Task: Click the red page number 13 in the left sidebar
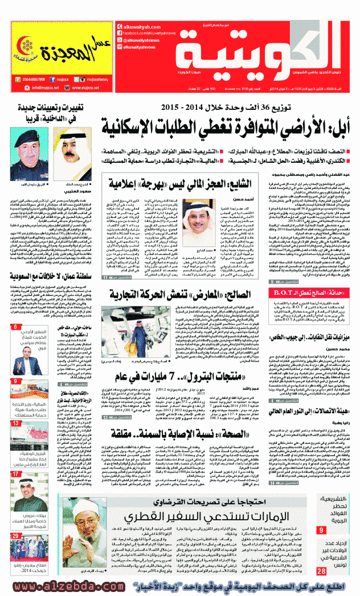coord(15,424)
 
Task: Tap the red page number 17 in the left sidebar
coord(15,474)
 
